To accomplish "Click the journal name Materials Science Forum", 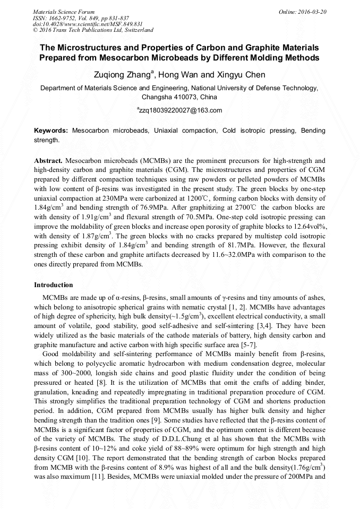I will [x=64, y=11].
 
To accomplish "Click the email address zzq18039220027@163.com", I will [x=180, y=110].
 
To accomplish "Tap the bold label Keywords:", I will [x=51, y=130].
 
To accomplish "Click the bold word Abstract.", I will [x=48, y=160].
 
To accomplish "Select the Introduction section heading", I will [x=54, y=285].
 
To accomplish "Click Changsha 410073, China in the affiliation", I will [x=179, y=97].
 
